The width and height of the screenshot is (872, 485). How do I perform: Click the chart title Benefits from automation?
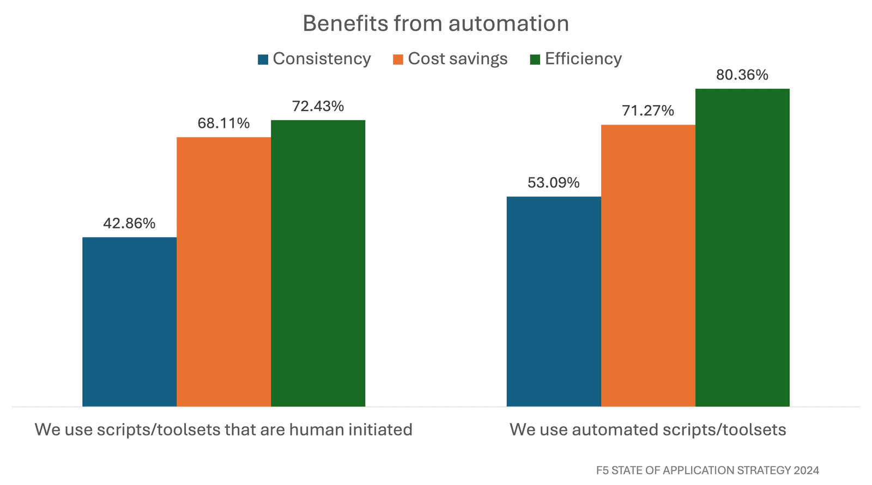point(435,24)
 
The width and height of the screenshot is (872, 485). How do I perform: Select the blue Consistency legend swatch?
point(263,59)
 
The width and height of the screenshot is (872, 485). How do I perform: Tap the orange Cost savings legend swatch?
point(398,59)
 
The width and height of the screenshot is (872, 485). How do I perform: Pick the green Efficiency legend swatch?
point(535,59)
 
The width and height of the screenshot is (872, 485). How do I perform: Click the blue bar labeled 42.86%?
point(129,321)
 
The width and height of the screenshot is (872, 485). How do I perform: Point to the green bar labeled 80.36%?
point(742,247)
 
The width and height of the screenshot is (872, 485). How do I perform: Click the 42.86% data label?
point(129,223)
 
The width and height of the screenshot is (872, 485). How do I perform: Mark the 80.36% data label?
point(742,75)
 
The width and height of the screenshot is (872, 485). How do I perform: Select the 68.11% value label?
point(223,124)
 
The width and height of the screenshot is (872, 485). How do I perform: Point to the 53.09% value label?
point(553,183)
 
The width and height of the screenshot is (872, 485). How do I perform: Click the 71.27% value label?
point(647,111)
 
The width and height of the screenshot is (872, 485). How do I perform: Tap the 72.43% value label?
point(318,107)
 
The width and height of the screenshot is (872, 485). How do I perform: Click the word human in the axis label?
point(313,429)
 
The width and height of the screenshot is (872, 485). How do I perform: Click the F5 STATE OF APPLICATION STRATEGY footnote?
point(707,470)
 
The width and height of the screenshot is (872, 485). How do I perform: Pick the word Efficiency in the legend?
point(583,59)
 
